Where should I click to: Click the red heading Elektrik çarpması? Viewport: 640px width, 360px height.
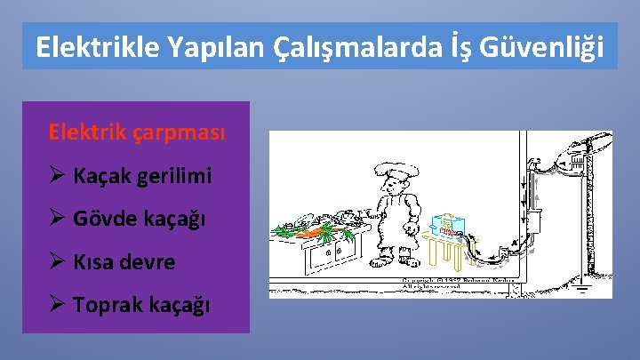point(137,132)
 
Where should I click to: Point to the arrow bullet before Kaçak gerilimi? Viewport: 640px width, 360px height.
point(58,176)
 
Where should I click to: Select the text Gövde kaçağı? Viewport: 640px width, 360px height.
point(140,219)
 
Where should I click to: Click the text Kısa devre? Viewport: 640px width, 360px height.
point(124,262)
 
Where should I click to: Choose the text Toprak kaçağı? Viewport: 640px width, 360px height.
point(142,305)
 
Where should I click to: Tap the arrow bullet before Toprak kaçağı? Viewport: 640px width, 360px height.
point(58,305)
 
